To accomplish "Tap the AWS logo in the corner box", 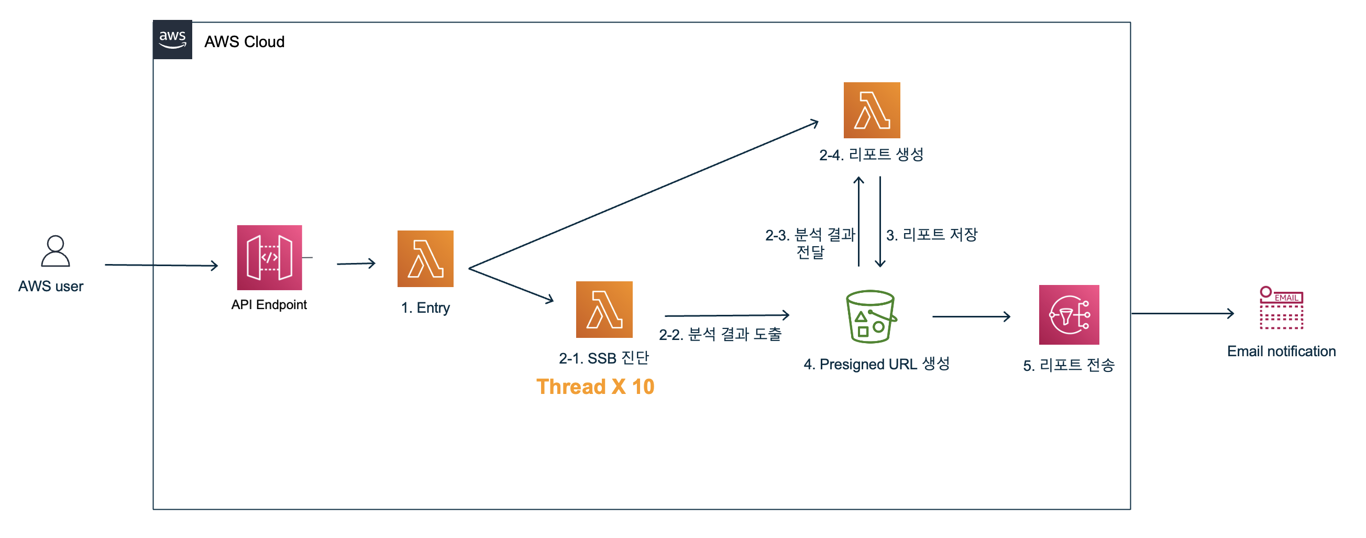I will (x=172, y=39).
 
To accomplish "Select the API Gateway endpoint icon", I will (x=269, y=257).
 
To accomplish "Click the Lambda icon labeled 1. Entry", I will (x=425, y=258).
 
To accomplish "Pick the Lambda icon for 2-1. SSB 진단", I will (x=604, y=309).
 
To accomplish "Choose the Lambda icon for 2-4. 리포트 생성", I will (x=872, y=110).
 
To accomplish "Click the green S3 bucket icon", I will (x=870, y=316).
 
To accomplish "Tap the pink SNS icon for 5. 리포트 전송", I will (x=1068, y=315).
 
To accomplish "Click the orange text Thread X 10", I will (x=595, y=387).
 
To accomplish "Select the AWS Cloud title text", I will (x=245, y=41).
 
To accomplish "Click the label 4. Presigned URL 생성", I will (x=876, y=364).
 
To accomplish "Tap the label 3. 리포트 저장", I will (x=932, y=235).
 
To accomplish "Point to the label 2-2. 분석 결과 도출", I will (x=720, y=334).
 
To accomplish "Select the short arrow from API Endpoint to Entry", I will (x=356, y=263).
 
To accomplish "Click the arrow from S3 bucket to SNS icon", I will (x=971, y=317).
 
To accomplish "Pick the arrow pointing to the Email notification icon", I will (x=1183, y=314).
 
